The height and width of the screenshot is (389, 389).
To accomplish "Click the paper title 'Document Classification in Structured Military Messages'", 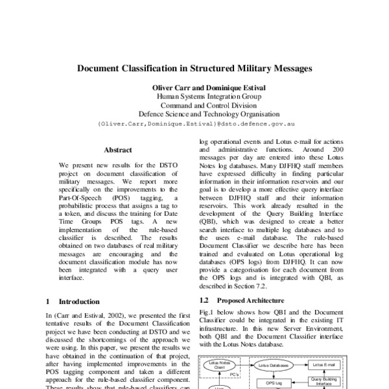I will tap(194, 67).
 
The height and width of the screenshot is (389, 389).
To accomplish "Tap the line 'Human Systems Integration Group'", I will tap(194, 97).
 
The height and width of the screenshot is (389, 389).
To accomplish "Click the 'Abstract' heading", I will tap(118, 149).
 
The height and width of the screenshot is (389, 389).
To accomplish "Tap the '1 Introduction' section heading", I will tap(73, 301).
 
